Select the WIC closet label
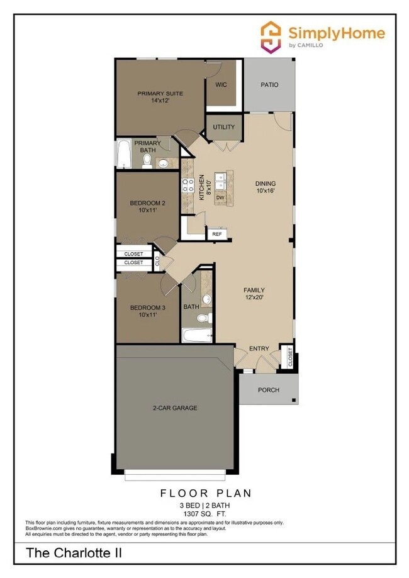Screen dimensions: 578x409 [221, 84]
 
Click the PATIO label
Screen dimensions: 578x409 [269, 85]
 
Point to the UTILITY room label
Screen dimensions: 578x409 [223, 127]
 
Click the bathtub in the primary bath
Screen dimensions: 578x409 [123, 155]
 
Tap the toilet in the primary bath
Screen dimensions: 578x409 [147, 162]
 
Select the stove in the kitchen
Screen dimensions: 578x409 [188, 185]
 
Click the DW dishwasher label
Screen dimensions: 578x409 [220, 197]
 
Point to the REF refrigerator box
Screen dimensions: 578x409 [216, 234]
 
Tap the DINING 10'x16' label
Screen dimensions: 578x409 [265, 187]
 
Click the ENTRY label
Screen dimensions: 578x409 [259, 348]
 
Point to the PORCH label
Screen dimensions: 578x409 [269, 390]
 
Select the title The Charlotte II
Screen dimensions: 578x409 [74, 553]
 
